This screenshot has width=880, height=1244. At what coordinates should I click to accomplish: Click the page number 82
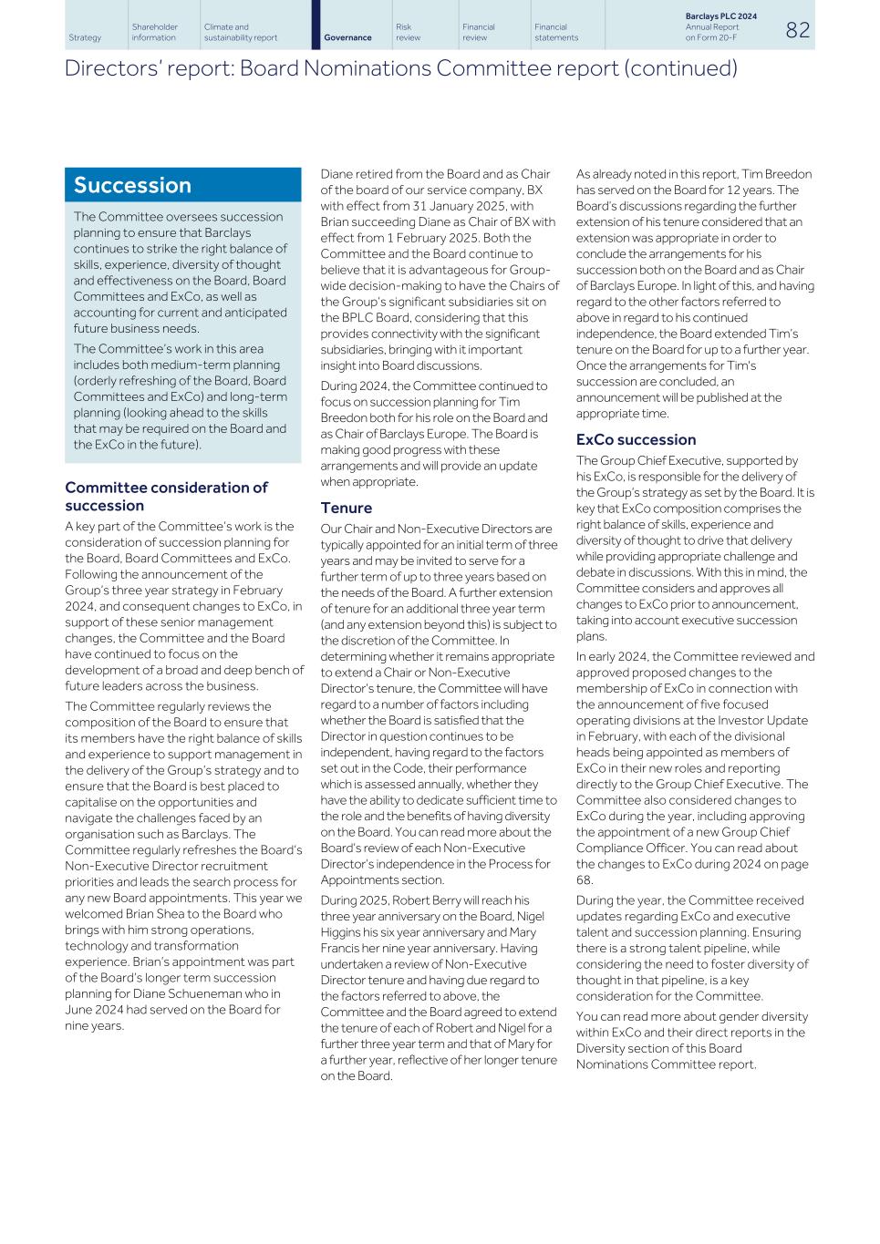coord(797,30)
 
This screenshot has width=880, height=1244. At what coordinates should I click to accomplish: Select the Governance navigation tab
coord(347,37)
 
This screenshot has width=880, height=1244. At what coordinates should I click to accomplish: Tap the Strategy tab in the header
coord(85,37)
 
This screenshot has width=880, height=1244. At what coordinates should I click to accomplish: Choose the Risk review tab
coord(409,32)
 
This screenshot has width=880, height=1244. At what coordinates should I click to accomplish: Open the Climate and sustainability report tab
coord(241,32)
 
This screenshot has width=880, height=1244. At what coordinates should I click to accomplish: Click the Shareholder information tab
coord(154,32)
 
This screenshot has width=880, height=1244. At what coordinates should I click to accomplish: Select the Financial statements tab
coord(556,32)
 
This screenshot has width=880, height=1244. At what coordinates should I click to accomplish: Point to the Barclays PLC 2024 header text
coord(720,16)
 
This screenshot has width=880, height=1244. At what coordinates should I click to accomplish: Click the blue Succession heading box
coord(182,185)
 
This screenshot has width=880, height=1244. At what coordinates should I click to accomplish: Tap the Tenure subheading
coord(346,508)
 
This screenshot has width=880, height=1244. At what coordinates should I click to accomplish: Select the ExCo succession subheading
coord(636,439)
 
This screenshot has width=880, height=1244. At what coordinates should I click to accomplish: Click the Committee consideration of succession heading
coord(166,496)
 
